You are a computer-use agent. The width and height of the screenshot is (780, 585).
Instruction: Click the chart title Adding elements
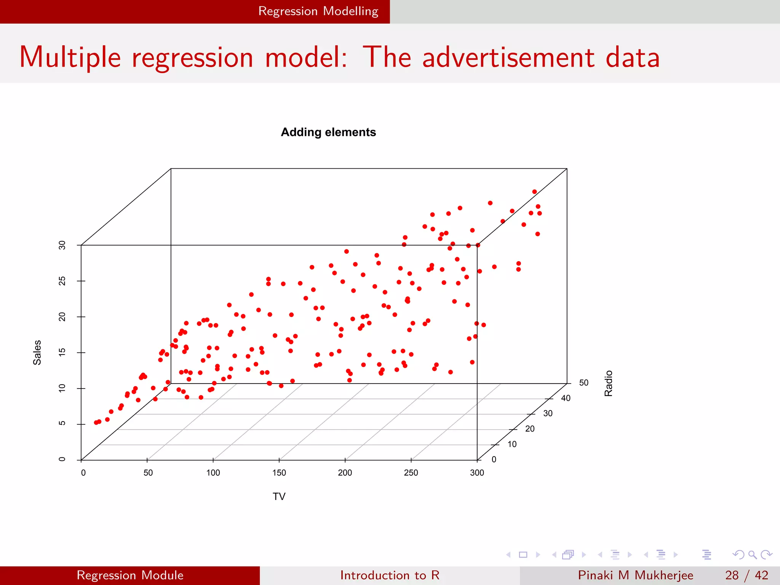[328, 132]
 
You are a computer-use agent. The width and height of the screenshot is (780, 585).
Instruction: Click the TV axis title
[279, 496]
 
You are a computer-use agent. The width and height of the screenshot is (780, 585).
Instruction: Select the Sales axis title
[37, 352]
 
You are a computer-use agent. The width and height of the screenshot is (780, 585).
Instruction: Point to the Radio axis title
[609, 383]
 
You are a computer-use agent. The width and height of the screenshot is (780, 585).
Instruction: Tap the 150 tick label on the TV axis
[279, 473]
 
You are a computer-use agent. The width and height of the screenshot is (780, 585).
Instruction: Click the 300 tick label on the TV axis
[477, 473]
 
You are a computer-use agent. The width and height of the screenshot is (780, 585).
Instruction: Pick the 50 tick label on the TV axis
[148, 473]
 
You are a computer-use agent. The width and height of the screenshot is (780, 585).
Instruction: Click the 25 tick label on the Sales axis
[62, 281]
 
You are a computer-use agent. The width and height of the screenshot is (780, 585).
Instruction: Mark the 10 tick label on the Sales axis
[62, 388]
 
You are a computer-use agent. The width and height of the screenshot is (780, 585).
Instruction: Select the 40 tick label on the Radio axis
[566, 398]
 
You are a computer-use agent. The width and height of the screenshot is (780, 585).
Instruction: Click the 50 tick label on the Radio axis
[583, 383]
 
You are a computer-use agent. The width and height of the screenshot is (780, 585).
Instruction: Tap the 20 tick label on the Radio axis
[530, 429]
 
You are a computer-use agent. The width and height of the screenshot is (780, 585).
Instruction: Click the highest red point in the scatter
[534, 192]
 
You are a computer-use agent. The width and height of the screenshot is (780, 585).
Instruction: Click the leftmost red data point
[96, 422]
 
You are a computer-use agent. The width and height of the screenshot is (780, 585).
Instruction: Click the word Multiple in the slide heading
[70, 57]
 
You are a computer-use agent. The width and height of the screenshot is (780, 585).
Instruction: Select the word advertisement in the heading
[508, 57]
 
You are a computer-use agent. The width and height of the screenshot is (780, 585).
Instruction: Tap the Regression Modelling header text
[318, 11]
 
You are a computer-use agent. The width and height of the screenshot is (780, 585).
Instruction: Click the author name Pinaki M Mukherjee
[635, 575]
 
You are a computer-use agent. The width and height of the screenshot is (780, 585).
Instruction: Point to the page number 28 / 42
[746, 575]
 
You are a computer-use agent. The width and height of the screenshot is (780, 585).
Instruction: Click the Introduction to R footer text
[390, 575]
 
